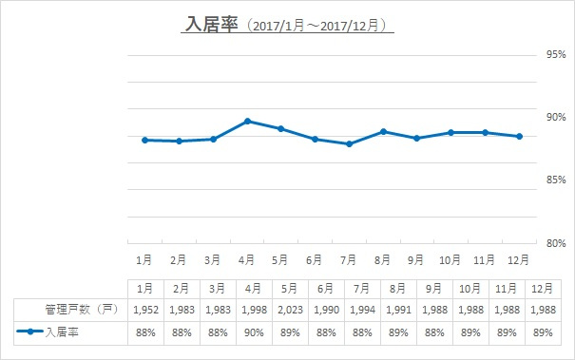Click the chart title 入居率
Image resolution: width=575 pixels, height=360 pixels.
coord(212,24)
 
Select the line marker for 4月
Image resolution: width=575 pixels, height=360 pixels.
coord(247,121)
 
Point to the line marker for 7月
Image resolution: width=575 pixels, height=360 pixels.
coord(349,144)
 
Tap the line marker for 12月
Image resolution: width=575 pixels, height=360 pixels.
coord(519,137)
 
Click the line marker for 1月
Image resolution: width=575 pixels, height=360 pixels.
coord(144,140)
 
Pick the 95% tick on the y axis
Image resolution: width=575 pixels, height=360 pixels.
coord(556,55)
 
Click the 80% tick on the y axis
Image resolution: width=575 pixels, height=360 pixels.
coord(556,243)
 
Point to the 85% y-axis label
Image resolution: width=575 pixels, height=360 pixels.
coord(556,180)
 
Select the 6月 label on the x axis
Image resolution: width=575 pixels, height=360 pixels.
coord(314,260)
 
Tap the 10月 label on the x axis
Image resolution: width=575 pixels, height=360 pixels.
coord(450,260)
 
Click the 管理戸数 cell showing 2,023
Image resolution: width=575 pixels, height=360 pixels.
coord(290,311)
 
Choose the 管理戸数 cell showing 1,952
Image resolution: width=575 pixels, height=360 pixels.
coord(145,311)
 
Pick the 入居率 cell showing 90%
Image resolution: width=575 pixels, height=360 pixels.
coord(254,332)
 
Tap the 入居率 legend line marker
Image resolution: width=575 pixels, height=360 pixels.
coord(30,332)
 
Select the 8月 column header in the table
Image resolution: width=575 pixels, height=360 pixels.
coord(398,289)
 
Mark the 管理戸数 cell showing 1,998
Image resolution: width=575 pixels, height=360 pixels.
coord(254,311)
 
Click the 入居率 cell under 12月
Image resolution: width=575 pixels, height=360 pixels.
coord(543,332)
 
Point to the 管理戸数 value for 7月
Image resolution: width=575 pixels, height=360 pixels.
coord(362,311)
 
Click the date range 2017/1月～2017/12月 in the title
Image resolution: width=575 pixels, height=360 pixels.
coord(316,26)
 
